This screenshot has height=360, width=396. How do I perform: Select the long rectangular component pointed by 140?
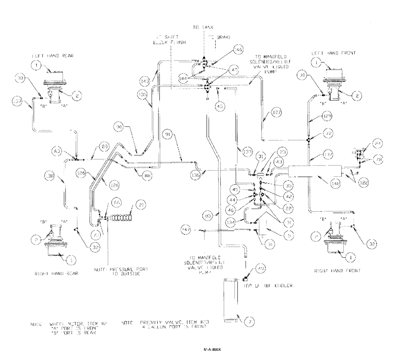pos(313,172)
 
